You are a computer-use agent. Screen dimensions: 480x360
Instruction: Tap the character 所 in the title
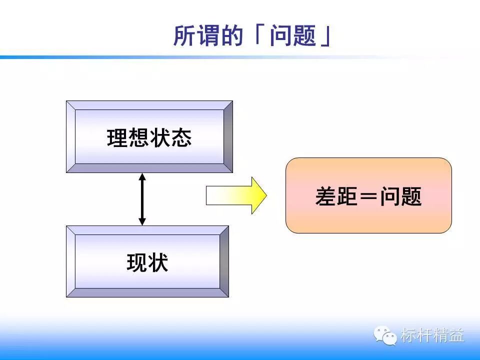pos(183,36)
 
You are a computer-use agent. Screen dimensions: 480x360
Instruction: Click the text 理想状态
pos(149,137)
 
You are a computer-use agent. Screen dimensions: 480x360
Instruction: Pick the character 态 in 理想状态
pos(181,137)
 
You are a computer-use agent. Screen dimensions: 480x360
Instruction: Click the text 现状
pos(147,262)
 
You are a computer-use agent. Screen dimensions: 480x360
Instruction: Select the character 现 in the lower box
pos(137,262)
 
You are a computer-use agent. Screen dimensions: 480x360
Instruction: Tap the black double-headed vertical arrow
pos(142,199)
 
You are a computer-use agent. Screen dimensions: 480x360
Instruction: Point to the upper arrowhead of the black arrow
pos(142,177)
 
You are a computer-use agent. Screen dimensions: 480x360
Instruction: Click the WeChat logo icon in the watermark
pos(386,335)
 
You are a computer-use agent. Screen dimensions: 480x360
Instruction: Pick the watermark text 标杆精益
pos(432,335)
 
